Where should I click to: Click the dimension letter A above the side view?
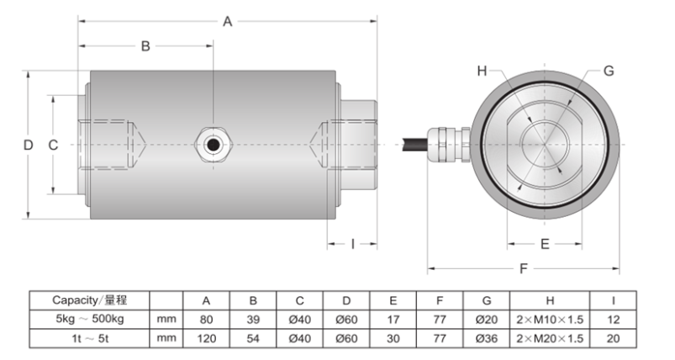coord(227,22)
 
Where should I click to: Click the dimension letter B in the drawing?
coord(145,47)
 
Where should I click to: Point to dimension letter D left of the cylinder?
coord(28,145)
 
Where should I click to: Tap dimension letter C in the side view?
coord(53,145)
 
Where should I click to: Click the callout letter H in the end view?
coord(482,71)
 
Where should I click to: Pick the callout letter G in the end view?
coord(608,71)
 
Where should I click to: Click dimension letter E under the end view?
coord(545,244)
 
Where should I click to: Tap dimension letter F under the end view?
coord(524,269)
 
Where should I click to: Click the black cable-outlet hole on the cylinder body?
coord(213,145)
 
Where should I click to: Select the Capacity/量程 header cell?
coord(89,299)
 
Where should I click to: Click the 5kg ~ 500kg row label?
coord(89,319)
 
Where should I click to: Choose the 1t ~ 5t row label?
coord(89,338)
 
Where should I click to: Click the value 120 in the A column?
coord(205,338)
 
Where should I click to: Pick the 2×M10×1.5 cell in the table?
coord(551,319)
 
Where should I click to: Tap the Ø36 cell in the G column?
coord(485,338)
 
